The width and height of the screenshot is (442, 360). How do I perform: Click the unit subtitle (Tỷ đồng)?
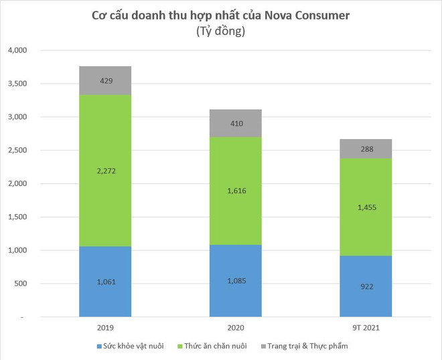tap(220, 31)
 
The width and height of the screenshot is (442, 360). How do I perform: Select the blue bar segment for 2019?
tap(105, 294)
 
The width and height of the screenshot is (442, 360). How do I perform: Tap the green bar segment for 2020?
tap(235, 191)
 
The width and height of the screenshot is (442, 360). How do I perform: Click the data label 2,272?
tap(105, 171)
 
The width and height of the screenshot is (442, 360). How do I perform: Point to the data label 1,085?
tap(235, 280)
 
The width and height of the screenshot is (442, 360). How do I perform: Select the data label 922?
tap(365, 286)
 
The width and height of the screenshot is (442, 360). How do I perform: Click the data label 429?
tap(105, 80)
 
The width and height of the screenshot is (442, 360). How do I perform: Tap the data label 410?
tap(235, 123)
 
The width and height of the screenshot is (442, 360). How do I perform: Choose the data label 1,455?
tap(365, 207)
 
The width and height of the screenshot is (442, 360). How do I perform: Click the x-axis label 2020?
tap(235, 329)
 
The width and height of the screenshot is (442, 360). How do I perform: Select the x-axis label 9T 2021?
tap(365, 329)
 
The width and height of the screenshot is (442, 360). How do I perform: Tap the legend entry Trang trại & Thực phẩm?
tap(307, 346)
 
